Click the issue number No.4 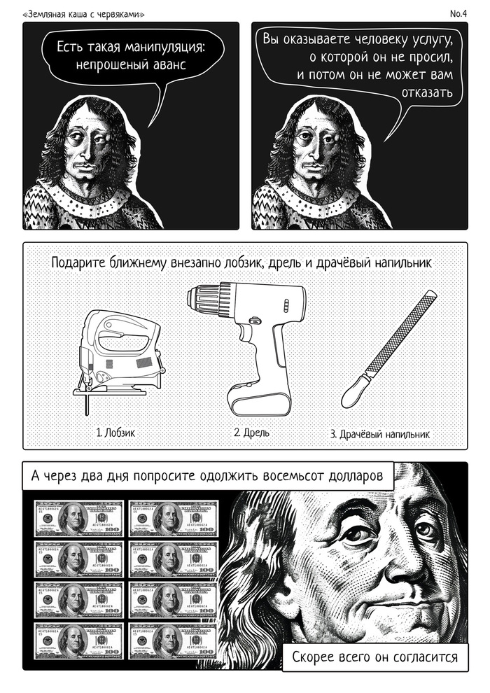point(458,14)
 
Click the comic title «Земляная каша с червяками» point(83,15)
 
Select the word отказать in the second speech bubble point(427,92)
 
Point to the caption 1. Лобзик point(115,432)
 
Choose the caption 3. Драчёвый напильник point(380,433)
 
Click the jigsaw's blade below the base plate point(87,405)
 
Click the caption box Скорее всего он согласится point(374,657)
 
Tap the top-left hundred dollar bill point(79,519)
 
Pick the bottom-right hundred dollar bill point(173,642)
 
